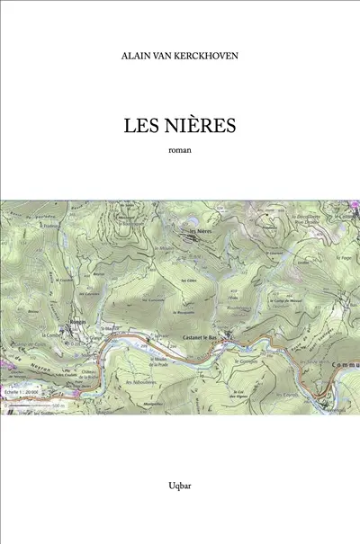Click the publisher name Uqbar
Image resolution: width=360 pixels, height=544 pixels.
pos(180,486)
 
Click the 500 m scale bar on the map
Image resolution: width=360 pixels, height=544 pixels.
pos(36,406)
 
